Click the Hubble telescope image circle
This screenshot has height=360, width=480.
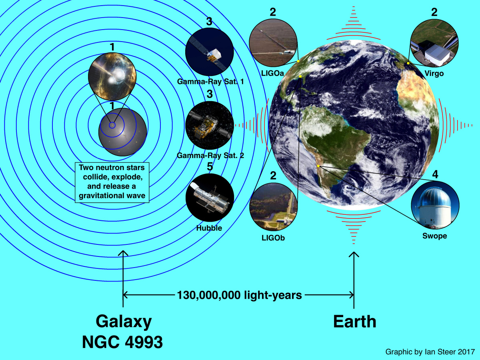(x=210, y=198)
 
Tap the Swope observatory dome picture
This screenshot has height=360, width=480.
(x=435, y=205)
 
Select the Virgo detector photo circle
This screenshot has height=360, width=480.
(x=434, y=43)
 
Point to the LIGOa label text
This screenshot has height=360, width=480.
(x=272, y=73)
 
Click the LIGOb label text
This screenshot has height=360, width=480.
(x=273, y=238)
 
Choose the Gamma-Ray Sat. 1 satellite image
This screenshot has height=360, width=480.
(x=209, y=52)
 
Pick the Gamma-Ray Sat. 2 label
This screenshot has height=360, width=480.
(x=210, y=156)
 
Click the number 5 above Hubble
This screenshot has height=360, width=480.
(x=210, y=166)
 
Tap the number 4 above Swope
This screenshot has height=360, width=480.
(x=435, y=174)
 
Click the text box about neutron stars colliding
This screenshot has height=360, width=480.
(x=112, y=182)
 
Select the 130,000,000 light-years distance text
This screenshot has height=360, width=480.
(x=239, y=295)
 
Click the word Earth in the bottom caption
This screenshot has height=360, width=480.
(x=354, y=322)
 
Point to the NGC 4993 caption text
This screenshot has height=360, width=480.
(x=122, y=342)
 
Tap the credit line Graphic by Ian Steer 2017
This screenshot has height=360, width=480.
(x=430, y=352)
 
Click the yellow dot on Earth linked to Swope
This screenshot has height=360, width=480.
(x=318, y=166)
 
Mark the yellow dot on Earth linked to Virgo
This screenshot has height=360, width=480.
(x=408, y=63)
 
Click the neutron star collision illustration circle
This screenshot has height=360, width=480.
(x=112, y=76)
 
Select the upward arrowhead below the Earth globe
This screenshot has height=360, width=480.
(x=354, y=254)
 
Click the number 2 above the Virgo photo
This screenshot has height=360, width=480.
(x=434, y=12)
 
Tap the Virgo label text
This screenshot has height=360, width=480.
(x=434, y=74)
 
